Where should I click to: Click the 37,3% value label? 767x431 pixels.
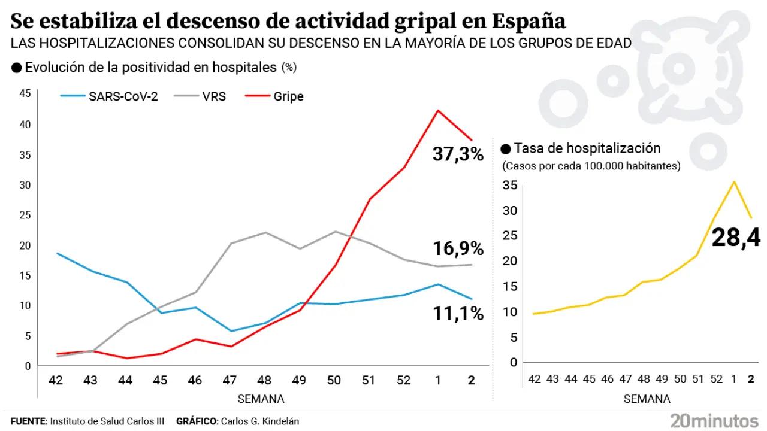(458, 154)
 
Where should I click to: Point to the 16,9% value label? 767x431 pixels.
(458, 248)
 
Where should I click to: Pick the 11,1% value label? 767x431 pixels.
(458, 312)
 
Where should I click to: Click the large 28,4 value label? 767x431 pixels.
(736, 238)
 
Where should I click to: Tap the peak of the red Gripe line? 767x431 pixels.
(438, 110)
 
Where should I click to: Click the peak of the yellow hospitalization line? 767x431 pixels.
(735, 181)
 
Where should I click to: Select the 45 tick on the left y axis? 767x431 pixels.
(25, 93)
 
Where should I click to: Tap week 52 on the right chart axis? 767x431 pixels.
(716, 378)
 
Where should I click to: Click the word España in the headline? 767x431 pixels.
(529, 22)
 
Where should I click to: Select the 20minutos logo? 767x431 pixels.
(714, 420)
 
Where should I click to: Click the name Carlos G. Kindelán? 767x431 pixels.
(260, 421)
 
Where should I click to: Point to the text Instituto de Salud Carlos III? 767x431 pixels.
(107, 421)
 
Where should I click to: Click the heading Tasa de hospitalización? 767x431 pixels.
(587, 148)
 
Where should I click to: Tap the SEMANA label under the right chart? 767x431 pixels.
(647, 399)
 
